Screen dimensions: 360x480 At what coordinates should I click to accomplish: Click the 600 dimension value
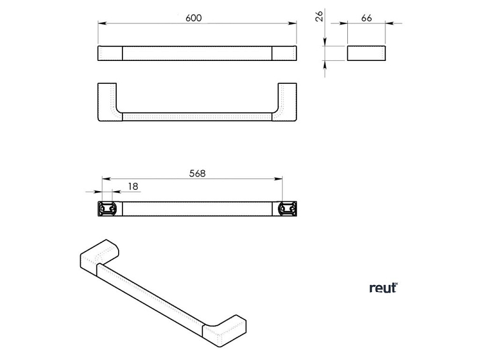coord(194,18)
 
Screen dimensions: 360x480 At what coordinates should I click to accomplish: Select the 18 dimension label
coord(133,186)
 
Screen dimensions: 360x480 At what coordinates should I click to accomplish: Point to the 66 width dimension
coord(366,18)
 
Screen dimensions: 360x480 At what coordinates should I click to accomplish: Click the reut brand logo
coord(383,288)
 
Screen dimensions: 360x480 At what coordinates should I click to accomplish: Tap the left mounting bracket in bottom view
coord(107,208)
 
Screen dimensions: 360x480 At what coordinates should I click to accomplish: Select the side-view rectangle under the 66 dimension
coord(366,53)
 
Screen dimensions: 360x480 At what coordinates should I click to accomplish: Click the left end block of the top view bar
coord(110,53)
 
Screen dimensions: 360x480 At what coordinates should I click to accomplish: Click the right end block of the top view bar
coord(284,53)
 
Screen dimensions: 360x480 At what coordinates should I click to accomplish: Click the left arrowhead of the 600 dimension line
coord(100,24)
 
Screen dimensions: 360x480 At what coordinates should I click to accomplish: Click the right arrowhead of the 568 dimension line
coord(281,179)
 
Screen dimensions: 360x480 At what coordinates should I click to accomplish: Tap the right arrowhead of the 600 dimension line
coord(294,24)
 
